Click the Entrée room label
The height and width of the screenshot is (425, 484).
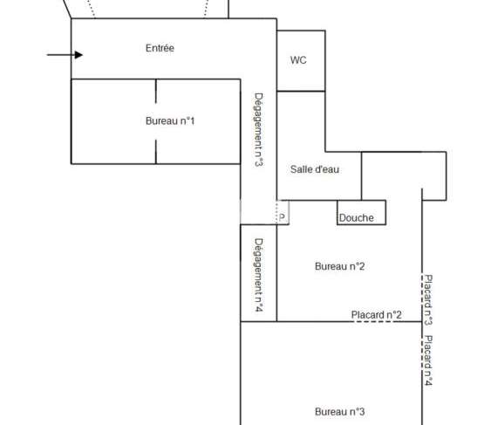point(160,48)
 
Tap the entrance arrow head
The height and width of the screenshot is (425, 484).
point(78,55)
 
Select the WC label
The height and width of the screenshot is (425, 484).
point(298,60)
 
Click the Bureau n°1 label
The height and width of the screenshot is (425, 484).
point(170,120)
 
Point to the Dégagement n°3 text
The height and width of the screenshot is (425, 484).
point(259,130)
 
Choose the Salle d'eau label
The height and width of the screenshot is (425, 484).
point(315,169)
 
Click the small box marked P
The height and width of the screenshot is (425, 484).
point(283,212)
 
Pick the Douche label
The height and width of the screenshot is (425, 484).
point(356,218)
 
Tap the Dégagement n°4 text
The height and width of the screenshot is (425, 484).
point(259,275)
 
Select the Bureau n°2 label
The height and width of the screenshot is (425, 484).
point(340,266)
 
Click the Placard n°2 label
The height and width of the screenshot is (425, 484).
point(377,315)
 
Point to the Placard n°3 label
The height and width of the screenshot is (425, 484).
point(428,299)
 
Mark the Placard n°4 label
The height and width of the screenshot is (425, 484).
point(428,360)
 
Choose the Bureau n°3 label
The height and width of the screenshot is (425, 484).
point(340,412)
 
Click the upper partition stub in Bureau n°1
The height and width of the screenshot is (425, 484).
point(156,91)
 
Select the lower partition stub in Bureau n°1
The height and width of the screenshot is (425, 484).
point(156,152)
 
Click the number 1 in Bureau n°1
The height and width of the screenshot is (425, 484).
point(192,120)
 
